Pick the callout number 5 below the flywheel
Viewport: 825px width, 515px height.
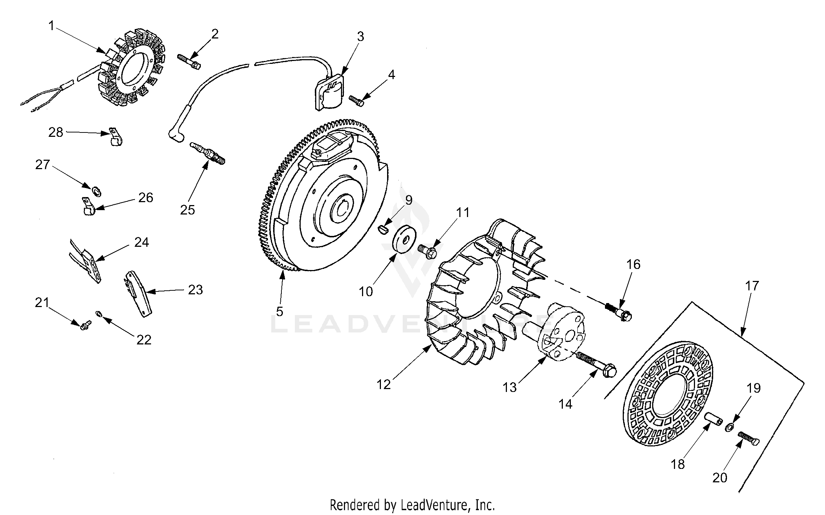pos(279,311)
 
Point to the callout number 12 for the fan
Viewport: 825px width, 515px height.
pos(383,384)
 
